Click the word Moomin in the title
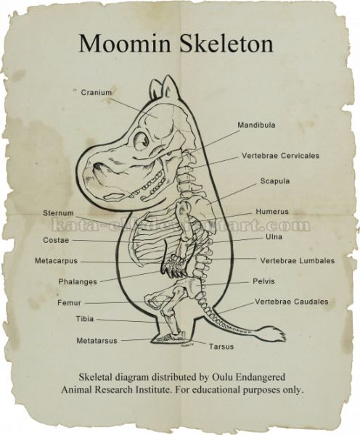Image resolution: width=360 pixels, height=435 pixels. [125, 43]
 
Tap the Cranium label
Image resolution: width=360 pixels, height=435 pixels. [96, 92]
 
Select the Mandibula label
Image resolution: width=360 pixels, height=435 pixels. [256, 125]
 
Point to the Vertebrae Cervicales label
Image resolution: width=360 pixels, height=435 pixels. [280, 155]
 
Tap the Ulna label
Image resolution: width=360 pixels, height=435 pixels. [274, 236]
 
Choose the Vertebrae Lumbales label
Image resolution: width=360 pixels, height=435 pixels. [298, 260]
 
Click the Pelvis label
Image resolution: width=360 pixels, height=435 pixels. [263, 281]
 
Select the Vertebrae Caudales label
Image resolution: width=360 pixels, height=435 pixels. [292, 302]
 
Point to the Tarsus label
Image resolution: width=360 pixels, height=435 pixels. [221, 347]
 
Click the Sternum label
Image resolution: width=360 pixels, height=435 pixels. [58, 213]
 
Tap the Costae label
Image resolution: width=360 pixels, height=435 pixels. [56, 240]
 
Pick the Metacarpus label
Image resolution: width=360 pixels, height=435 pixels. [56, 261]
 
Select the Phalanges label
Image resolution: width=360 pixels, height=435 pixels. [78, 282]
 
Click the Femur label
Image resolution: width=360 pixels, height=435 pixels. [69, 302]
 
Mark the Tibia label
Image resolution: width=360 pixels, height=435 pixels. [85, 319]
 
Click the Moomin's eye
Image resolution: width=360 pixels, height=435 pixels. [142, 141]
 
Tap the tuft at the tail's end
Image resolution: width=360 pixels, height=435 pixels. [274, 333]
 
